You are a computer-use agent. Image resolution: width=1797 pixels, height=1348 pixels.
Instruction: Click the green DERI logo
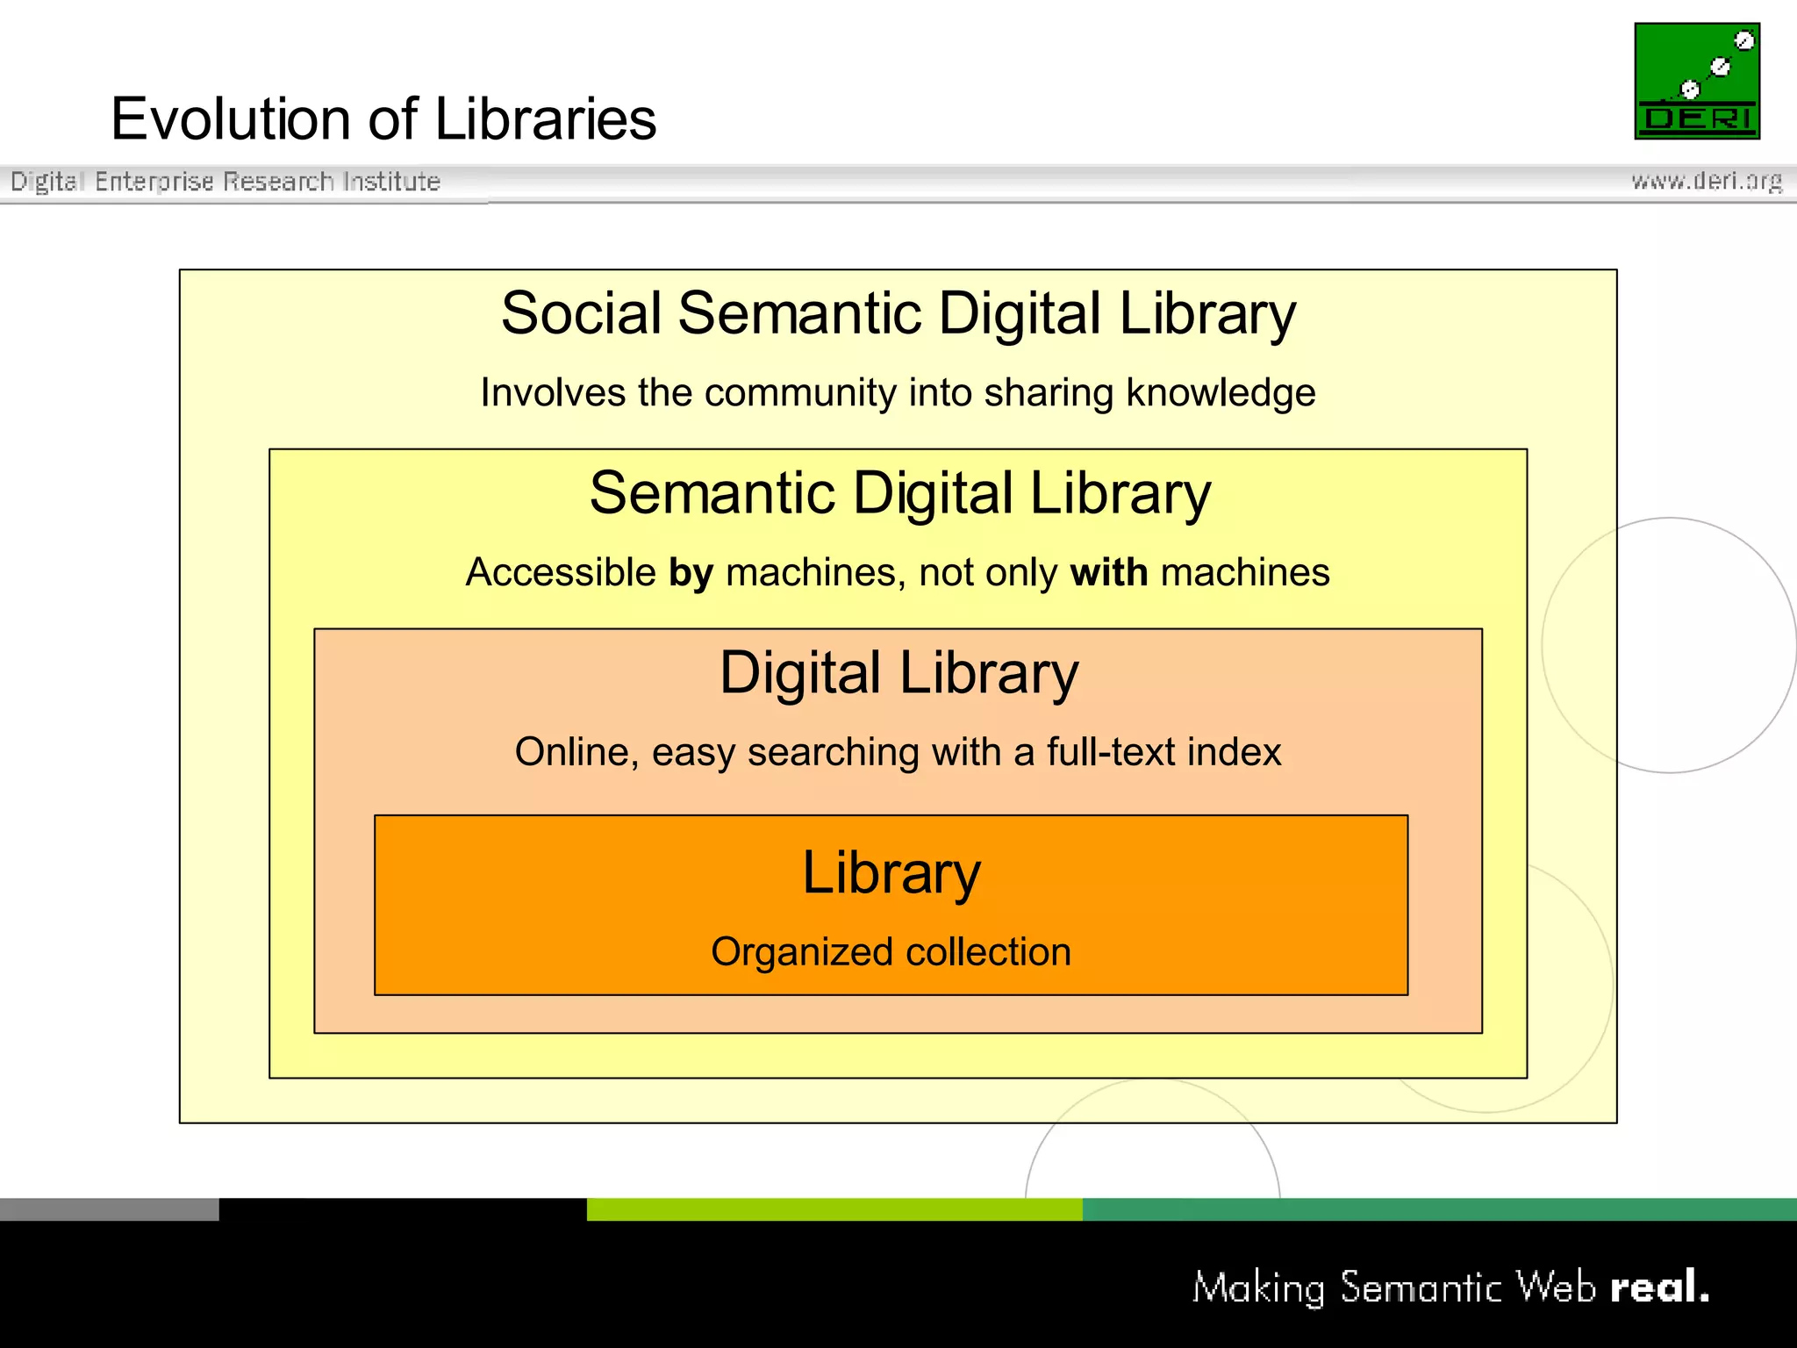(x=1696, y=81)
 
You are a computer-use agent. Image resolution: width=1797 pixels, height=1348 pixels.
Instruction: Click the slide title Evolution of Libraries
(x=383, y=119)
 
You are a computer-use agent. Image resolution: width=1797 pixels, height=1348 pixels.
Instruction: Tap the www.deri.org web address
(x=1706, y=181)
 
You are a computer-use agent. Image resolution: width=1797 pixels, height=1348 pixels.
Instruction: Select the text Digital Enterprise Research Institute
(x=226, y=182)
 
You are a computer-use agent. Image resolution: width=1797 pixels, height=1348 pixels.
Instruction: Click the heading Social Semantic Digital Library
(x=898, y=313)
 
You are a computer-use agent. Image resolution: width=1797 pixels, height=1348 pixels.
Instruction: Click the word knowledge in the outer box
(x=1221, y=392)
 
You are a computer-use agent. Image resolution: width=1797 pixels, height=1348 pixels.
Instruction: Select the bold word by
(x=691, y=573)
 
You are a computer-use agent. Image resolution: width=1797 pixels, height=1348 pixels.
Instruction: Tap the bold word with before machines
(x=1109, y=573)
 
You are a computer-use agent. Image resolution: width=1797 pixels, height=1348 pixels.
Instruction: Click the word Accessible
(x=561, y=573)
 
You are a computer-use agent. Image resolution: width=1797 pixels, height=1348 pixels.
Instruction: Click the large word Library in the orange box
(x=891, y=873)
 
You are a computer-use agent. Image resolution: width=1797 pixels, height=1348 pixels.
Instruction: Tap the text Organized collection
(x=891, y=952)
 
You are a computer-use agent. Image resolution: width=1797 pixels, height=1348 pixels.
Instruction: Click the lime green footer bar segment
(x=834, y=1209)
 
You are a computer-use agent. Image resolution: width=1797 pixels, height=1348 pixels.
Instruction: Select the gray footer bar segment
(x=109, y=1209)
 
